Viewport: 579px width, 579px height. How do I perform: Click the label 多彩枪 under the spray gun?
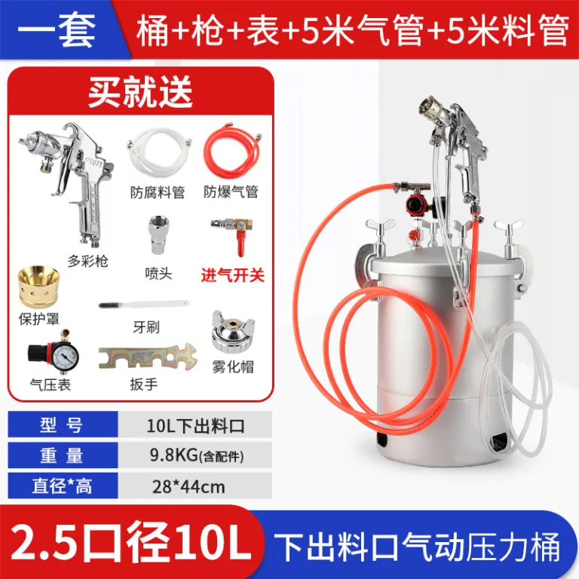pos(88,261)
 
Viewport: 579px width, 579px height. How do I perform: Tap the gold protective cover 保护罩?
pos(38,286)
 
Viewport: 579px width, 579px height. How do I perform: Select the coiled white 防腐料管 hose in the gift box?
pos(159,152)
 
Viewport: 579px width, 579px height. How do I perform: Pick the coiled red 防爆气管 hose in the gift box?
pos(232,151)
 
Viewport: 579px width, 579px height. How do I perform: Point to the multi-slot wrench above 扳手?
pos(148,357)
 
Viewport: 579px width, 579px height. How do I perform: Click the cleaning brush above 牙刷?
pos(144,305)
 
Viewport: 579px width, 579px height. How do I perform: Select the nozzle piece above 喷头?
pos(159,235)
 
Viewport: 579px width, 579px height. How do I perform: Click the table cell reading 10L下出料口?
pos(195,425)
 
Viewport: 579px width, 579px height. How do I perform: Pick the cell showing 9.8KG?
pos(195,455)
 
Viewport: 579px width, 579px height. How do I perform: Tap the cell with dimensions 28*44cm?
pos(195,486)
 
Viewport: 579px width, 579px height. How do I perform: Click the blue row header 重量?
pos(63,455)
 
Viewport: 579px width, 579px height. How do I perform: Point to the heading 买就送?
pos(140,91)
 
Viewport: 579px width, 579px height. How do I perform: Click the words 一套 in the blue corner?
pos(56,31)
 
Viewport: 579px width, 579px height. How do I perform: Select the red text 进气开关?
pos(233,275)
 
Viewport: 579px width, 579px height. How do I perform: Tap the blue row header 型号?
pos(63,425)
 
